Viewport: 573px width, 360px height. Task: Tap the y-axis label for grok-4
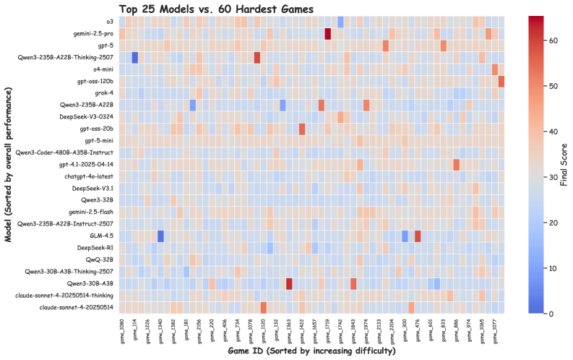click(x=101, y=93)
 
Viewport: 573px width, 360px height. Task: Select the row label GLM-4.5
click(x=101, y=236)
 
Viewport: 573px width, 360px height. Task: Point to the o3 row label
click(x=108, y=22)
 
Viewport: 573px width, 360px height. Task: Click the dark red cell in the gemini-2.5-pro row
click(x=328, y=34)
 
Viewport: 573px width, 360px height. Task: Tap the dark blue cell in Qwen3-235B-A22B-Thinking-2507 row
click(x=134, y=58)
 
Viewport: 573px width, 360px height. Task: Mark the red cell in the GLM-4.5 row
click(x=418, y=236)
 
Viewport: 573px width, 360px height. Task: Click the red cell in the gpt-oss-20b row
click(x=302, y=129)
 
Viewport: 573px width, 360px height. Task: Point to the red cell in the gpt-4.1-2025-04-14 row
click(x=457, y=164)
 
